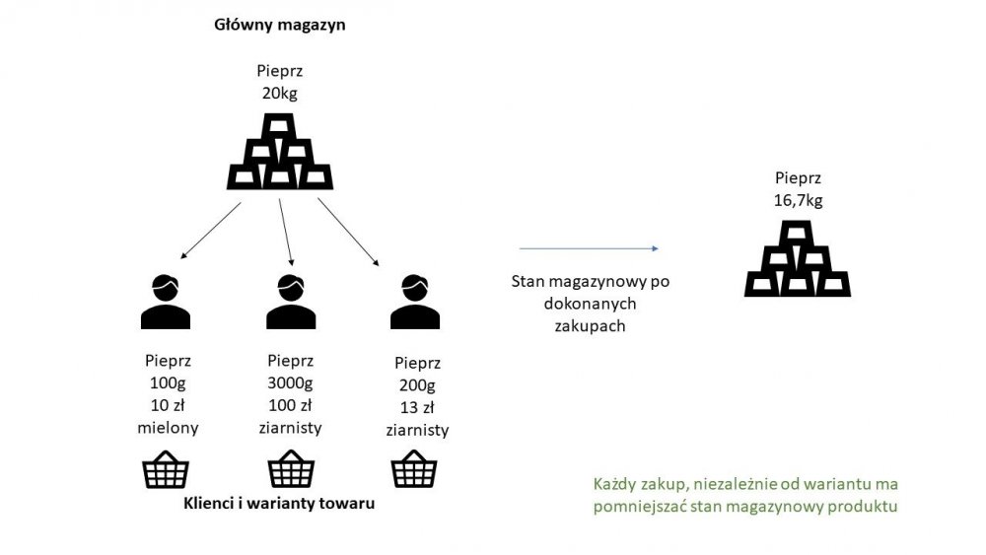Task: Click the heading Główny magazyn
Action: point(279,25)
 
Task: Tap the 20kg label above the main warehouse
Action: point(279,95)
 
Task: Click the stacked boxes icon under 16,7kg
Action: point(798,259)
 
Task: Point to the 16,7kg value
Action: point(798,200)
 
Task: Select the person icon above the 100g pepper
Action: point(166,301)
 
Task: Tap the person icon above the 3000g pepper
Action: point(291,301)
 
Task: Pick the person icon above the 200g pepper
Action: point(415,301)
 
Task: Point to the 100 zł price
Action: point(291,406)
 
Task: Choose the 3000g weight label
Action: point(291,383)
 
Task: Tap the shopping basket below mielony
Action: point(166,469)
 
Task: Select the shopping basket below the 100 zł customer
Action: point(292,469)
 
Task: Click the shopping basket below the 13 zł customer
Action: point(415,469)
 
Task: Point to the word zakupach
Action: point(591,324)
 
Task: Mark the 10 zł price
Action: point(166,406)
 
